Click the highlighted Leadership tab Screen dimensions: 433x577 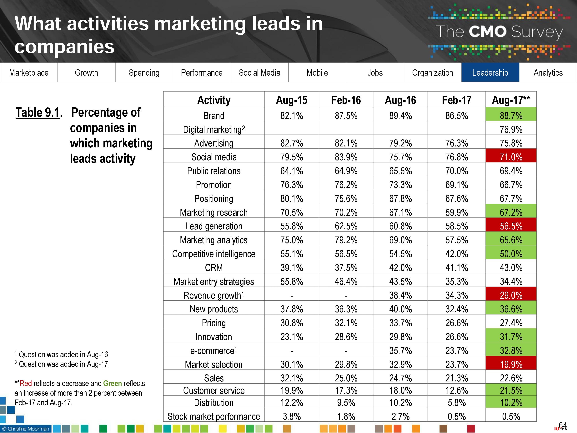(490, 73)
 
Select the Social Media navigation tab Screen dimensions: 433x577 (259, 73)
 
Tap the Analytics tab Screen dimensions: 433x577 (548, 73)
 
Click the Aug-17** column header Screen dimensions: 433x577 (511, 100)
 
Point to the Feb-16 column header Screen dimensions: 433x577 (346, 100)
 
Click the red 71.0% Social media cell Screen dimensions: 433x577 (511, 157)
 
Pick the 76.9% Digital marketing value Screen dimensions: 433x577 (511, 129)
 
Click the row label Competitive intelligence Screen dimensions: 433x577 (214, 254)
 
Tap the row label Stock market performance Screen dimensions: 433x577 (214, 416)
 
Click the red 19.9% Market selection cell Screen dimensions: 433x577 (511, 364)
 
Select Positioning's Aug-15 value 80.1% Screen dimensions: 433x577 (292, 199)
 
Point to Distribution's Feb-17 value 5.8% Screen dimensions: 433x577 (456, 402)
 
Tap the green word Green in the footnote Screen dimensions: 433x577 (113, 383)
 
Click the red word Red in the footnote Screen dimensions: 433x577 (26, 383)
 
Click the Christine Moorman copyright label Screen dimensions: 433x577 (26, 429)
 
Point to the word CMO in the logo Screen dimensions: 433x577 (487, 32)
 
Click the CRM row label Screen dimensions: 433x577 (214, 267)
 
